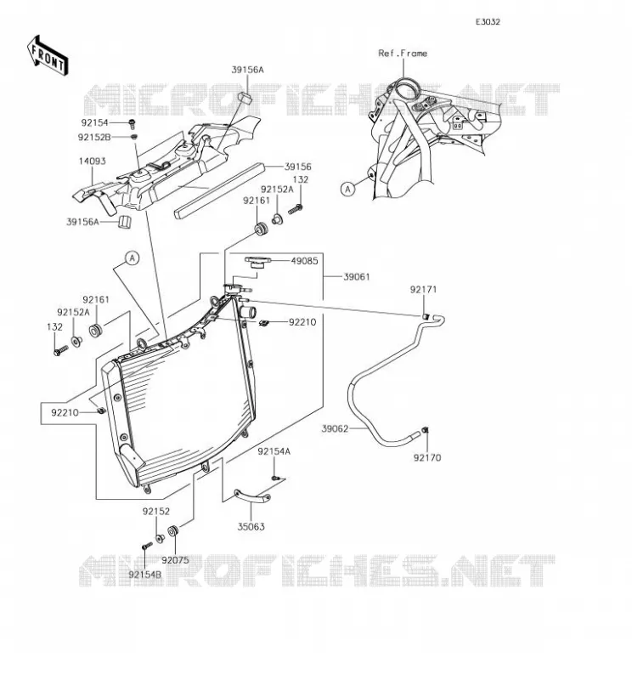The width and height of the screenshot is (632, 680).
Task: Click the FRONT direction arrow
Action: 48,56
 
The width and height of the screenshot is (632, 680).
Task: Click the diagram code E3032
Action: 488,22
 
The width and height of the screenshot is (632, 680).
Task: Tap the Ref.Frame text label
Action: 403,54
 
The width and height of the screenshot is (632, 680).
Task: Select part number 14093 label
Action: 92,161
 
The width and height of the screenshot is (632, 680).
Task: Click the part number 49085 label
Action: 304,261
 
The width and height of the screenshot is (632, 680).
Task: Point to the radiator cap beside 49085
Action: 257,263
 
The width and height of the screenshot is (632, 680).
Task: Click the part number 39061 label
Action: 357,277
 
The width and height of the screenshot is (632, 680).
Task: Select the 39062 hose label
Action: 335,429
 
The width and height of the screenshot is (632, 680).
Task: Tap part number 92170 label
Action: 427,457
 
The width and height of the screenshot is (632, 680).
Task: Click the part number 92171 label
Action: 424,289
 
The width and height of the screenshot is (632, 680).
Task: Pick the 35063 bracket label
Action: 251,526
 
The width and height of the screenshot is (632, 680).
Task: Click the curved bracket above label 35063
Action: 252,497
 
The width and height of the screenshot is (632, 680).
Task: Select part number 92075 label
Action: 176,560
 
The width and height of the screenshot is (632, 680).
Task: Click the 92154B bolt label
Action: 145,575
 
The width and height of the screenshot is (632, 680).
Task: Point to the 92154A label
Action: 274,451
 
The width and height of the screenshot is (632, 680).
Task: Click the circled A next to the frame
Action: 347,189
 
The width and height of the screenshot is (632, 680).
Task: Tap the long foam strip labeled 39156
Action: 219,191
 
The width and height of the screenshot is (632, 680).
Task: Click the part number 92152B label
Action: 94,137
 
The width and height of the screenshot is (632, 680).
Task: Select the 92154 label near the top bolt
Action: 94,122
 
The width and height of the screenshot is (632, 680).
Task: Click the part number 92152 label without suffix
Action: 156,512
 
